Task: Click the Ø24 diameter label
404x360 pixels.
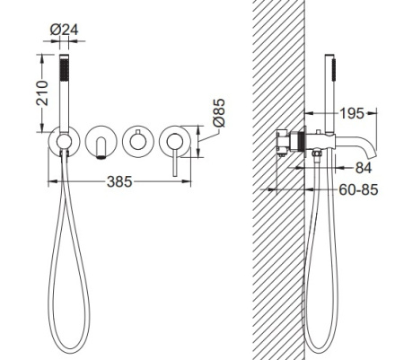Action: click(64, 30)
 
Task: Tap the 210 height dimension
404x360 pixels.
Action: click(42, 92)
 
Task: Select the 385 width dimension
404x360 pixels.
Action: click(119, 181)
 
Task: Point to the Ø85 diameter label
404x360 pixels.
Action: click(219, 112)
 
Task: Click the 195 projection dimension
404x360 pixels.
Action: click(352, 113)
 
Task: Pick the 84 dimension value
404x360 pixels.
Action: click(364, 168)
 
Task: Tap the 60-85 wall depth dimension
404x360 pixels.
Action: click(358, 189)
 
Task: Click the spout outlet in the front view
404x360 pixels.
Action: click(101, 157)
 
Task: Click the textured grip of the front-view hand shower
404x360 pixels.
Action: click(64, 70)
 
